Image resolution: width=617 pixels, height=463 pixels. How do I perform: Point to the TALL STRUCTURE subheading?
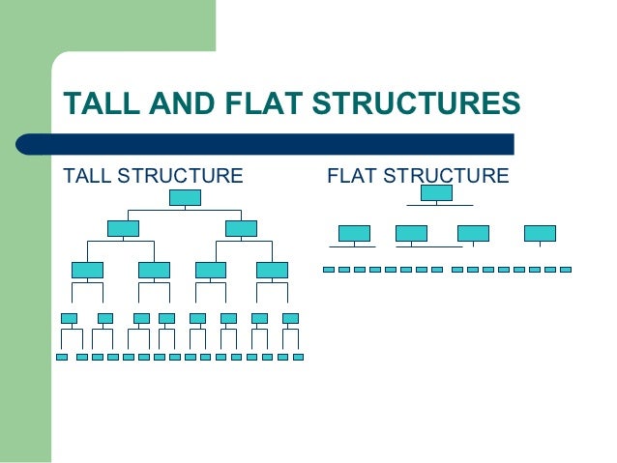(153, 176)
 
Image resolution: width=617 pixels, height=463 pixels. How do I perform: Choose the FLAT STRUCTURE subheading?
(418, 176)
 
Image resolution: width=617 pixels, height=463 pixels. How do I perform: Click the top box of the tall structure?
(185, 197)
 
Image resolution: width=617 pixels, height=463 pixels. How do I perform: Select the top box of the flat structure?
(436, 192)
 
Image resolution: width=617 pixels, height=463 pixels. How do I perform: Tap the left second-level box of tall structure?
(123, 228)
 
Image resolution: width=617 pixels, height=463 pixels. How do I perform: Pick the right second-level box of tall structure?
(241, 228)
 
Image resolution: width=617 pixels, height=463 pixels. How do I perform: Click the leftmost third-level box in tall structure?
(87, 270)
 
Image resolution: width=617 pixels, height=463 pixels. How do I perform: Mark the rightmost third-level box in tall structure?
(272, 270)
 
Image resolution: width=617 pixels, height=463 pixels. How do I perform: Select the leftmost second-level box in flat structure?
(354, 233)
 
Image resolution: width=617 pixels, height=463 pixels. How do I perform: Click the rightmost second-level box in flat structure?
(540, 233)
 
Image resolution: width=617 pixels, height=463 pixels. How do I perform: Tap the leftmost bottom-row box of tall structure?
(62, 357)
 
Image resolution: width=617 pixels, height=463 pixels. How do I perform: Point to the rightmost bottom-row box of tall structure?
(298, 357)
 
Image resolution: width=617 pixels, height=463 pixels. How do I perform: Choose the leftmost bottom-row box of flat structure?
(329, 270)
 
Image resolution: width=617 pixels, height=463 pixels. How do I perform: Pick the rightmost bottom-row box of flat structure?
(566, 270)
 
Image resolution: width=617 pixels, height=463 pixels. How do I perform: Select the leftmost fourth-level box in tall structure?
(69, 318)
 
